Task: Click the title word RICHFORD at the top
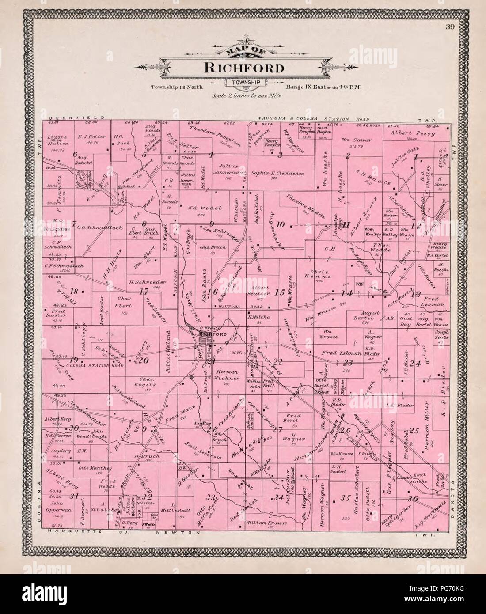coord(243,68)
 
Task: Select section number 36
coord(414,499)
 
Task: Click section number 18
coord(74,291)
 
